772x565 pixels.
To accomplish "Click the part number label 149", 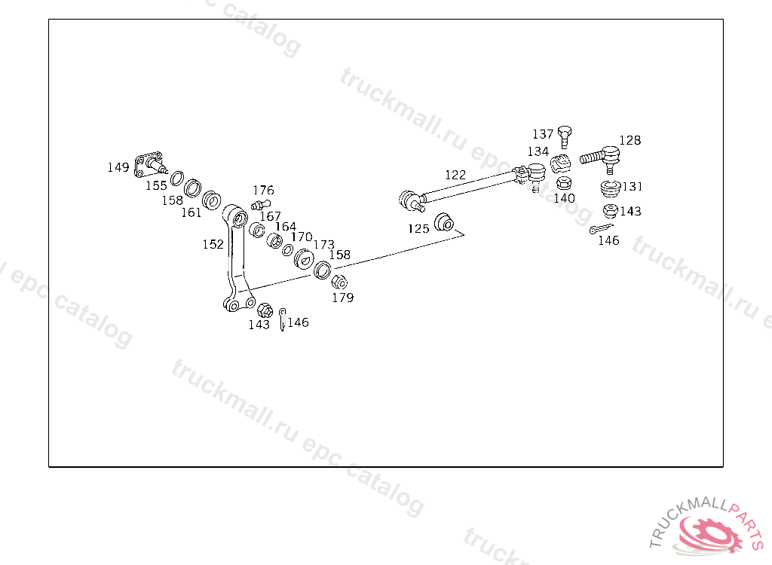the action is pyautogui.click(x=118, y=167).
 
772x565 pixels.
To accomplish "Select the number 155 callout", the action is pyautogui.click(x=157, y=185).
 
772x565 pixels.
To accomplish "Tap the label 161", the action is pyautogui.click(x=191, y=212).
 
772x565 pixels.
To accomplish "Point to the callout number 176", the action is pyautogui.click(x=263, y=191).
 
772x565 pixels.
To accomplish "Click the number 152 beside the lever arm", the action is pyautogui.click(x=213, y=244).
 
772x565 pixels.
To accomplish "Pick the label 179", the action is pyautogui.click(x=343, y=298).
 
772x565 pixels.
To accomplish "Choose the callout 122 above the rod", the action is pyautogui.click(x=455, y=175).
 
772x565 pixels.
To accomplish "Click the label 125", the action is pyautogui.click(x=418, y=228).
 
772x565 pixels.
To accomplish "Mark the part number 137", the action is pyautogui.click(x=543, y=134).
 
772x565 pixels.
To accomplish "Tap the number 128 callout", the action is pyautogui.click(x=630, y=140).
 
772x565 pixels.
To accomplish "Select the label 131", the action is pyautogui.click(x=633, y=187).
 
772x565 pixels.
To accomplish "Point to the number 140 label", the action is pyautogui.click(x=564, y=198).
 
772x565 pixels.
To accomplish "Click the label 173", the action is pyautogui.click(x=323, y=245).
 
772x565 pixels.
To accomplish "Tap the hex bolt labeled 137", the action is pyautogui.click(x=565, y=136).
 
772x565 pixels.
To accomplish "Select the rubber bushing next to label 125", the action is pyautogui.click(x=444, y=223).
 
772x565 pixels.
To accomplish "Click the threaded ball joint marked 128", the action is pyautogui.click(x=603, y=157).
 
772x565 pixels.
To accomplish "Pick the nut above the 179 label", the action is pyautogui.click(x=339, y=282).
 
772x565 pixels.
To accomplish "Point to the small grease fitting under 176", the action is pyautogui.click(x=259, y=204).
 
